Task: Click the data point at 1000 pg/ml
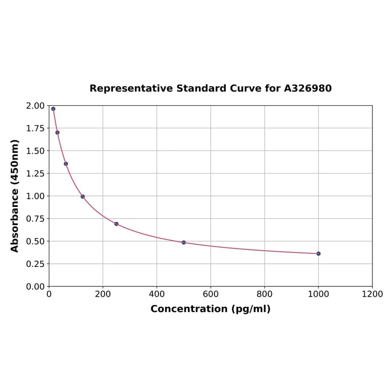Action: (x=318, y=253)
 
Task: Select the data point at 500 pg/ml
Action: (x=184, y=242)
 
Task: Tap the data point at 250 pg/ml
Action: (x=116, y=224)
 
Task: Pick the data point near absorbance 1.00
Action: (x=83, y=197)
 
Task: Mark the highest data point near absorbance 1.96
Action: (x=53, y=109)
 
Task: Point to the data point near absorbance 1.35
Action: (x=66, y=164)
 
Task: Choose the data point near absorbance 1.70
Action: (x=57, y=132)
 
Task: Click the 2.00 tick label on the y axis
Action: (x=35, y=106)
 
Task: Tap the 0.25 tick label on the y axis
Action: (x=35, y=264)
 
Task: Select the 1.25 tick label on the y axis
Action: (x=35, y=173)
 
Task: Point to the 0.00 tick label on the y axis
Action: (x=35, y=286)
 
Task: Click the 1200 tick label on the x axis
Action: (x=372, y=295)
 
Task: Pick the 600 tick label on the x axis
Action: (x=210, y=295)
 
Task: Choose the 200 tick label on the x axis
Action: (x=103, y=295)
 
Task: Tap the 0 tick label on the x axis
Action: (x=49, y=295)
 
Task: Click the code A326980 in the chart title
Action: (x=307, y=89)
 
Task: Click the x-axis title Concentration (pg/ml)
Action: (x=210, y=309)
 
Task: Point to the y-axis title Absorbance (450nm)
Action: (x=15, y=195)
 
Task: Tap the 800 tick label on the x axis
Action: (x=264, y=295)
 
